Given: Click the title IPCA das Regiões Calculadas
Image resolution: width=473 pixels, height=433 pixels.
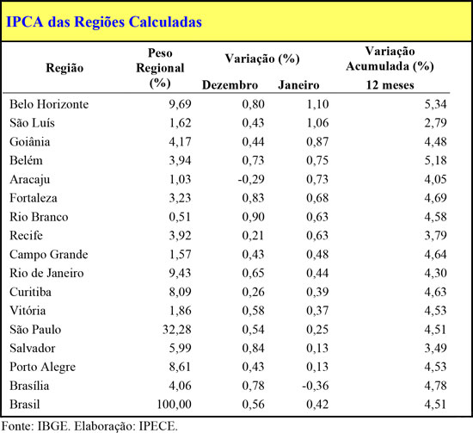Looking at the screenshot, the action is [104, 22].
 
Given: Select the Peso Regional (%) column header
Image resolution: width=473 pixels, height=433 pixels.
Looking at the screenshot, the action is [160, 68].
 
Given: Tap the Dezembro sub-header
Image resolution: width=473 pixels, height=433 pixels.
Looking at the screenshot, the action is [230, 85].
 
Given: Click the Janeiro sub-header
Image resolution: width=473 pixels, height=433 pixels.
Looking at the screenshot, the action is [298, 85].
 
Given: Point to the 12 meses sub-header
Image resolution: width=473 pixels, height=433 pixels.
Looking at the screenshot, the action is [390, 85].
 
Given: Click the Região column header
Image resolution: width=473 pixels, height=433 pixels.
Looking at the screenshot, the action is [64, 68].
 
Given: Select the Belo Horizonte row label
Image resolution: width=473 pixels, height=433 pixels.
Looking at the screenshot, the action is [49, 104].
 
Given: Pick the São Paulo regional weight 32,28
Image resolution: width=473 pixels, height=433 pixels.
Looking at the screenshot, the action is [177, 330].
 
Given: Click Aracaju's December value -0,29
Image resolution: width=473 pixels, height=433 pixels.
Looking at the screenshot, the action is [251, 179].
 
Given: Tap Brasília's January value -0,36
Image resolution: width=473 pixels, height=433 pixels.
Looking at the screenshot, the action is [316, 386].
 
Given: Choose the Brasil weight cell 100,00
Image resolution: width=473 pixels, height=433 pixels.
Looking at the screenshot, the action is [175, 405].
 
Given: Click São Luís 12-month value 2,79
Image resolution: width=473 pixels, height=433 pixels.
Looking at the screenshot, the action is [436, 123].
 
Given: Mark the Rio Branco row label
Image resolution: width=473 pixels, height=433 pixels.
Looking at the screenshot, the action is [39, 217].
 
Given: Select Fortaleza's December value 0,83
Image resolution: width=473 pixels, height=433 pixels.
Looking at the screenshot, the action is [254, 198].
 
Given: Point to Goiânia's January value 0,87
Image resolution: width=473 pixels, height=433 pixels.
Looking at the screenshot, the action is [317, 142].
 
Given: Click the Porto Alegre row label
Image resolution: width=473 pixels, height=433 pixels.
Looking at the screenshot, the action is [42, 368].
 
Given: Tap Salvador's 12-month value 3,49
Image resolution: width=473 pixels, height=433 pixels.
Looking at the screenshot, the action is [436, 348].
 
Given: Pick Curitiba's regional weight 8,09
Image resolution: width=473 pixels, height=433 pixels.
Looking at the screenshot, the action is [180, 292].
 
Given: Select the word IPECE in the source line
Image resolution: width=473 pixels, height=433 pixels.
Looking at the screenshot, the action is [158, 426].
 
